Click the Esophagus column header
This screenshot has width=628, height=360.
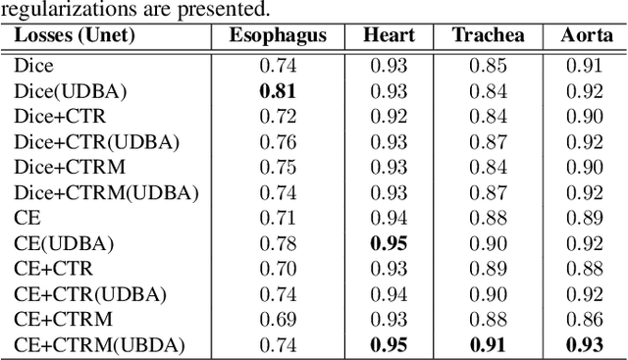tap(279, 36)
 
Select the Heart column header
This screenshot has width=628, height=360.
tap(389, 36)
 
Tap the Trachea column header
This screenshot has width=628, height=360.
tap(488, 36)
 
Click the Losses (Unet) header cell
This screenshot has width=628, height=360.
tap(75, 36)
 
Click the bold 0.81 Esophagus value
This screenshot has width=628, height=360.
tap(278, 91)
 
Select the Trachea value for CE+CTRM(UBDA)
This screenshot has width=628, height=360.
tap(488, 344)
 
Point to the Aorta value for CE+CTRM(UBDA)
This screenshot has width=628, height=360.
tap(586, 344)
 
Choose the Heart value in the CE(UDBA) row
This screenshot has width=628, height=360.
tap(389, 243)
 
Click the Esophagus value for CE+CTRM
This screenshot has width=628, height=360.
tap(278, 319)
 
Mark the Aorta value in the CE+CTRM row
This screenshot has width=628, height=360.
tap(586, 319)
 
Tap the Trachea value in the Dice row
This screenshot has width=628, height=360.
tap(488, 66)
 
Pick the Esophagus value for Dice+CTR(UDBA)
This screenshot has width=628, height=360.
tap(278, 142)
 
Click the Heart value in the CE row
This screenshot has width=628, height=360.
tap(389, 218)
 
